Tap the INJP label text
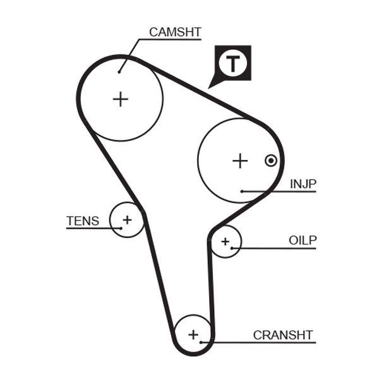pyautogui.click(x=303, y=184)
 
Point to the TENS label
pyautogui.click(x=83, y=221)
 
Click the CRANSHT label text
pyautogui.click(x=282, y=335)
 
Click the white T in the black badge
pyautogui.click(x=233, y=63)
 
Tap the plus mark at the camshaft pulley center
pyautogui.click(x=120, y=99)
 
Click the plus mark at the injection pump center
pyautogui.click(x=239, y=160)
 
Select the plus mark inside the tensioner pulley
pyautogui.click(x=127, y=220)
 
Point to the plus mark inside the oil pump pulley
pyautogui.click(x=225, y=241)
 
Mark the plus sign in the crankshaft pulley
pyautogui.click(x=193, y=333)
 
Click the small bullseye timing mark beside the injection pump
pyautogui.click(x=270, y=160)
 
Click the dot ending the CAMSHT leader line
pyautogui.click(x=119, y=71)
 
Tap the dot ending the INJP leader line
pyautogui.click(x=243, y=191)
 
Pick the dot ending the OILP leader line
pyautogui.click(x=232, y=248)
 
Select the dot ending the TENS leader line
pyautogui.click(x=119, y=227)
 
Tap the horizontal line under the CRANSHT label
pyautogui.click(x=265, y=342)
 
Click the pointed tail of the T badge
pyautogui.click(x=211, y=85)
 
